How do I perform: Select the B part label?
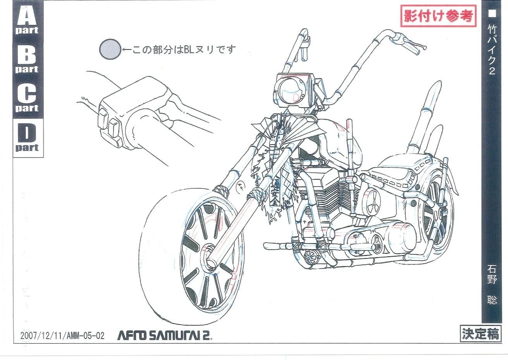point(27,59)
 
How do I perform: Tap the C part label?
point(27,98)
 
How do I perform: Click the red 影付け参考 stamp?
point(439,16)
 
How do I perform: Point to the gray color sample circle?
point(110,49)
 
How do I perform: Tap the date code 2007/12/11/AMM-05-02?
point(62,335)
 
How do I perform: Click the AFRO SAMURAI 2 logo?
point(164,335)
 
